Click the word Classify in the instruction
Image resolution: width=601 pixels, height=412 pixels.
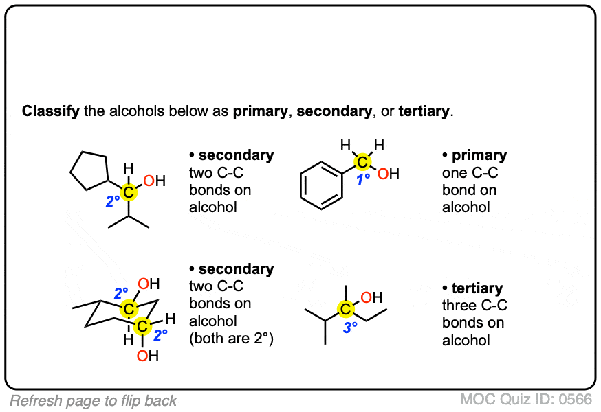[50, 111]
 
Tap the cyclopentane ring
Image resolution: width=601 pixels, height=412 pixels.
[89, 169]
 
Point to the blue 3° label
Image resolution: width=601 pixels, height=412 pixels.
[350, 328]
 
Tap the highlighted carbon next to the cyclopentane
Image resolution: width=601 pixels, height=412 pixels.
[129, 192]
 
